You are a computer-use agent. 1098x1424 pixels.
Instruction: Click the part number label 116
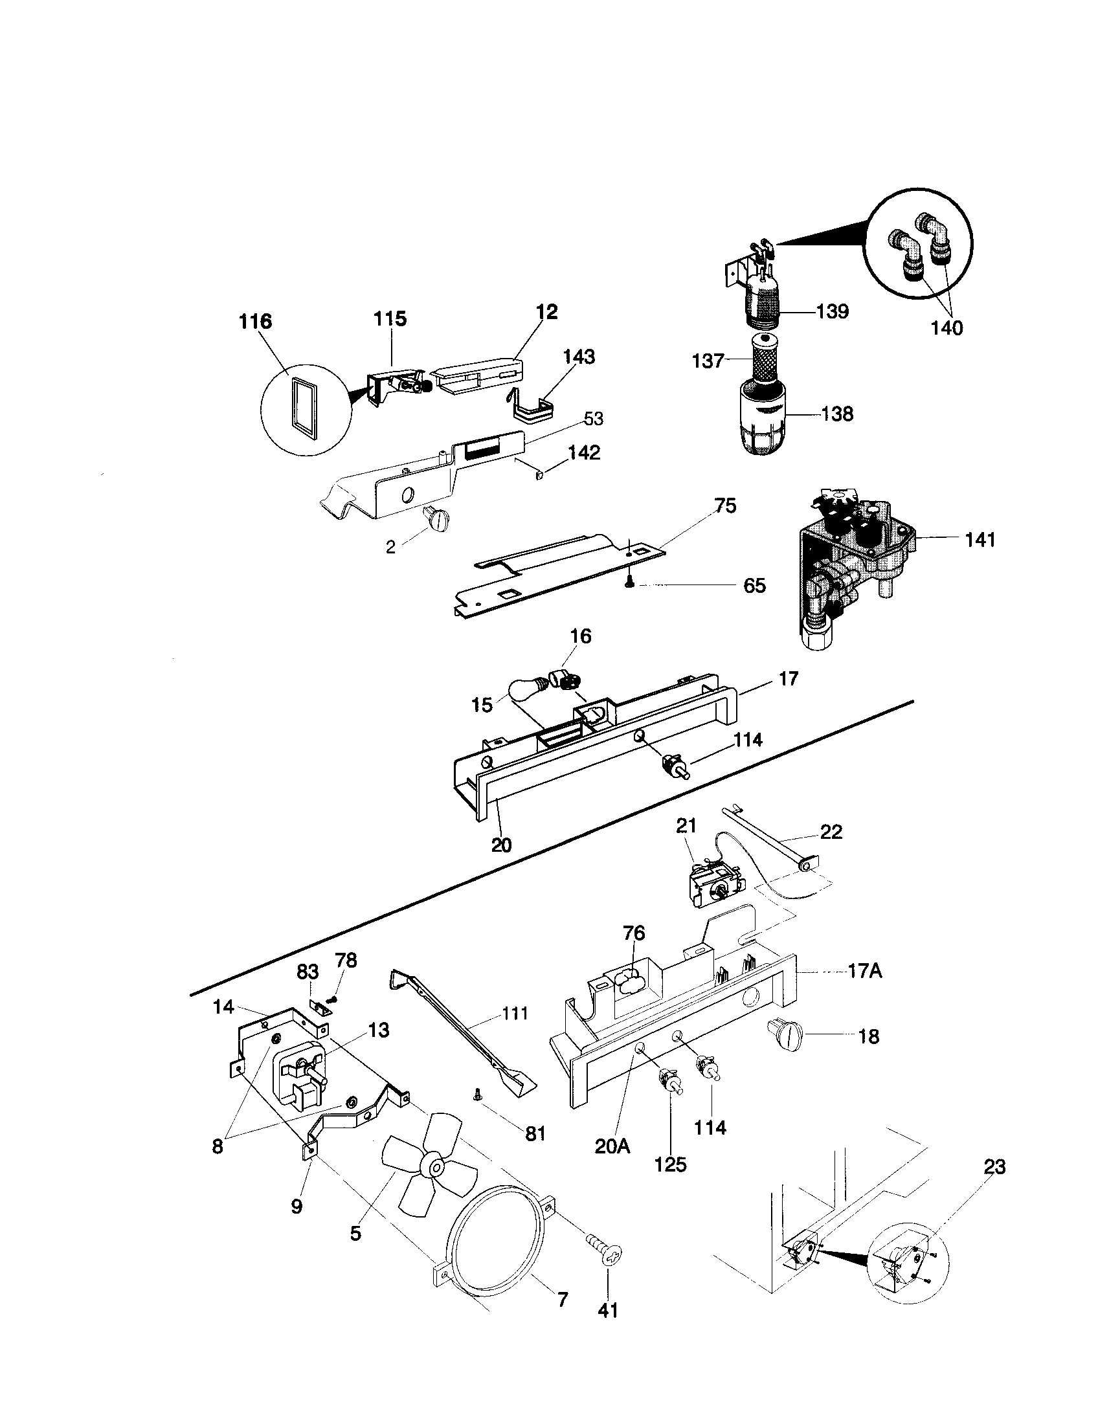coord(255,322)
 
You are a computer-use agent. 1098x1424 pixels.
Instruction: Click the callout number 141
coord(980,540)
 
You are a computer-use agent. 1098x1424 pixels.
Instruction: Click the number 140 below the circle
coord(946,328)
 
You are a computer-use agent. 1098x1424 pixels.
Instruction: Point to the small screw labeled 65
coord(630,584)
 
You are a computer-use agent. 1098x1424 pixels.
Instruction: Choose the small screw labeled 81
coord(477,1096)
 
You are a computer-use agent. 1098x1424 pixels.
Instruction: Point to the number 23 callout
coord(994,1166)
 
